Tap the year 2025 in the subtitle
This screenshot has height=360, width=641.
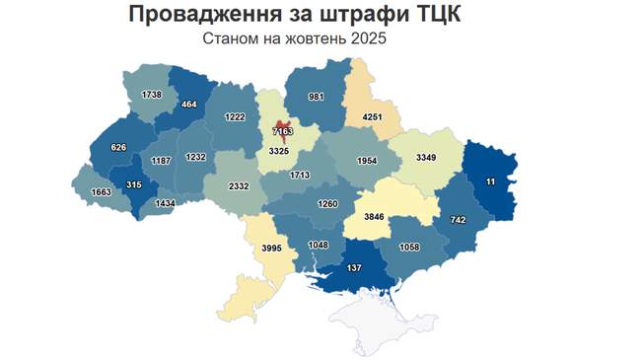pyautogui.click(x=365, y=39)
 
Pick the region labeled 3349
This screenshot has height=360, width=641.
pyautogui.click(x=426, y=157)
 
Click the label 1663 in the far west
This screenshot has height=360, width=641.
pyautogui.click(x=100, y=192)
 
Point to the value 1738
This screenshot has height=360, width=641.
pyautogui.click(x=151, y=95)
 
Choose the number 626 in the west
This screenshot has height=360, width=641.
pyautogui.click(x=119, y=147)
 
